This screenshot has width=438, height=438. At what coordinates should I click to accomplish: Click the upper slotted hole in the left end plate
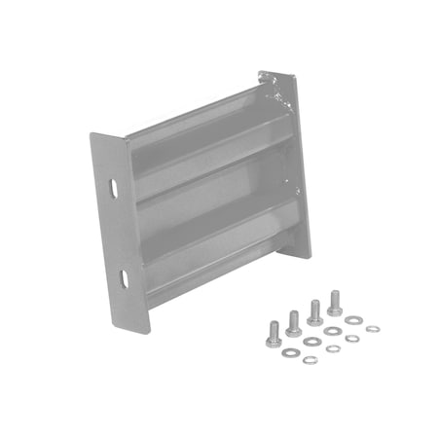[114, 186]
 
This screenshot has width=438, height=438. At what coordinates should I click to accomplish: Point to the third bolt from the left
[314, 311]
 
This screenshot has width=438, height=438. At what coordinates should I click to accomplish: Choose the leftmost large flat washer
[290, 351]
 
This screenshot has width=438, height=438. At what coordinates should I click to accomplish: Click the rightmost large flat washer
[354, 320]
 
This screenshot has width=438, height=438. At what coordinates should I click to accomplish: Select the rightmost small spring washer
[373, 328]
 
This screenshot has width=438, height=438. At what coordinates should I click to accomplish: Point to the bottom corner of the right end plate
[310, 255]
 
